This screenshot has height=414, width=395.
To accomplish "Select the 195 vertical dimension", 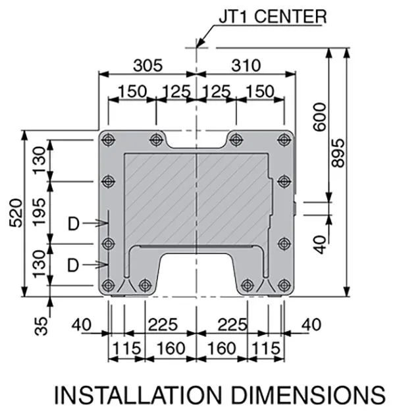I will point(41,212).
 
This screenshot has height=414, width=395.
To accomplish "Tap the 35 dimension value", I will point(41,324).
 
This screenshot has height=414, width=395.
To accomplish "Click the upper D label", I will point(74,224).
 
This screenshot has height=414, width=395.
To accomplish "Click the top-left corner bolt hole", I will point(107,139).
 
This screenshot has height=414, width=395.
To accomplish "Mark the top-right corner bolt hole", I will point(284,139).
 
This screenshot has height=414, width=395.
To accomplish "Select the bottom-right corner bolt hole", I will point(284,284).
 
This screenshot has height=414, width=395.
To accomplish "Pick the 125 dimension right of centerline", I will point(217,91).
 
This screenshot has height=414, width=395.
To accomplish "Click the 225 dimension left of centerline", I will point(162,324).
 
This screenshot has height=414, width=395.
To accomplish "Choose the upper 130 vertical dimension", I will point(41,159).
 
